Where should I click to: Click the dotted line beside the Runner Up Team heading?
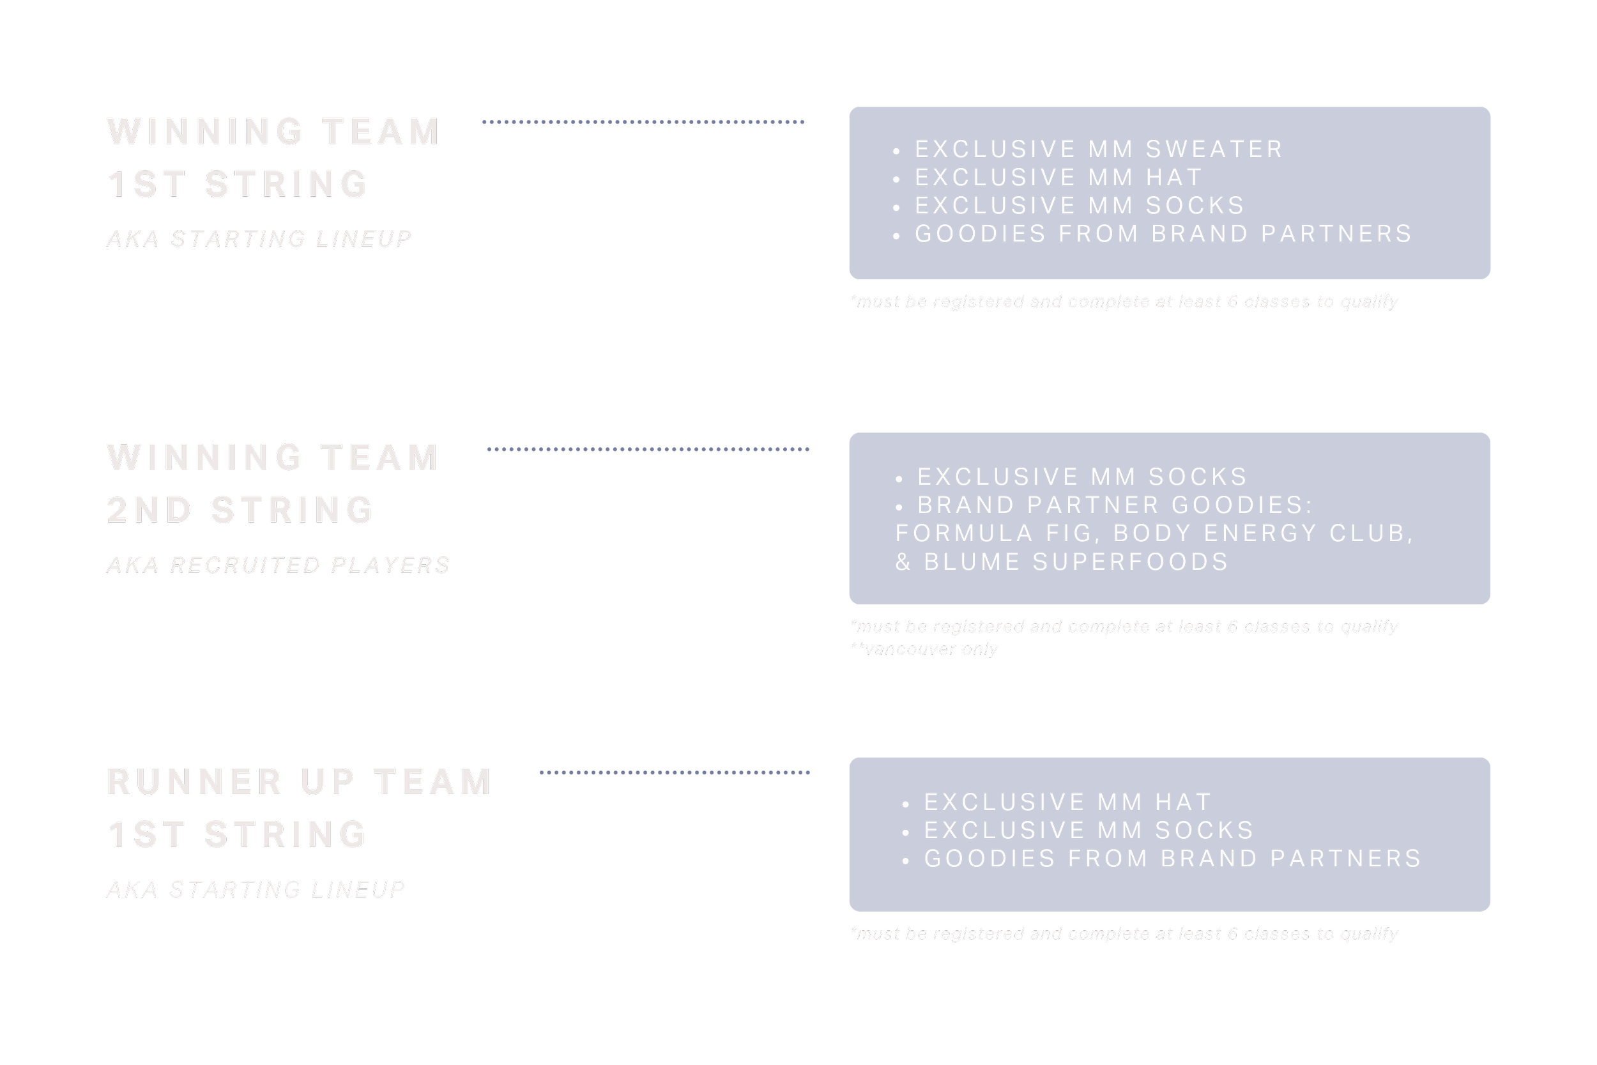675,773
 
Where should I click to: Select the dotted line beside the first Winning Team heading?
643,122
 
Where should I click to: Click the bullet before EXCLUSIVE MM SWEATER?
896,151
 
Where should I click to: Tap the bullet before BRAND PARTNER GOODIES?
899,507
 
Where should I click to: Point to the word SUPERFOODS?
1131,562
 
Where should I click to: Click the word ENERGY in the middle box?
1260,534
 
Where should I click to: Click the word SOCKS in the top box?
1195,206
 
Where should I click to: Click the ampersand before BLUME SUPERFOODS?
903,562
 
